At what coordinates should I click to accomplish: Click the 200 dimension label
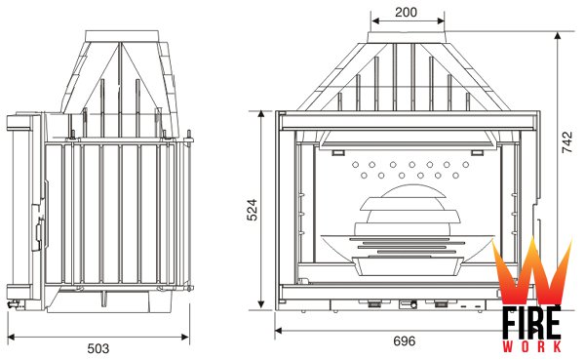coord(406,12)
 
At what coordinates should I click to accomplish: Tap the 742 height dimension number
coord(566,141)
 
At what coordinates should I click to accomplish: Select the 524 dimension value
coord(253,210)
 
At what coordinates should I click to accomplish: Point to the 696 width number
coord(405,340)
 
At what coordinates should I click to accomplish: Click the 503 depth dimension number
coord(98,348)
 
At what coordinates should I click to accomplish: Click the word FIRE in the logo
coord(531,324)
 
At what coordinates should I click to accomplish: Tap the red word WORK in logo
coord(531,346)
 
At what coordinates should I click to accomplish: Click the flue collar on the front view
coord(408,37)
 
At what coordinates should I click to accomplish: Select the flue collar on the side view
coord(122,36)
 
